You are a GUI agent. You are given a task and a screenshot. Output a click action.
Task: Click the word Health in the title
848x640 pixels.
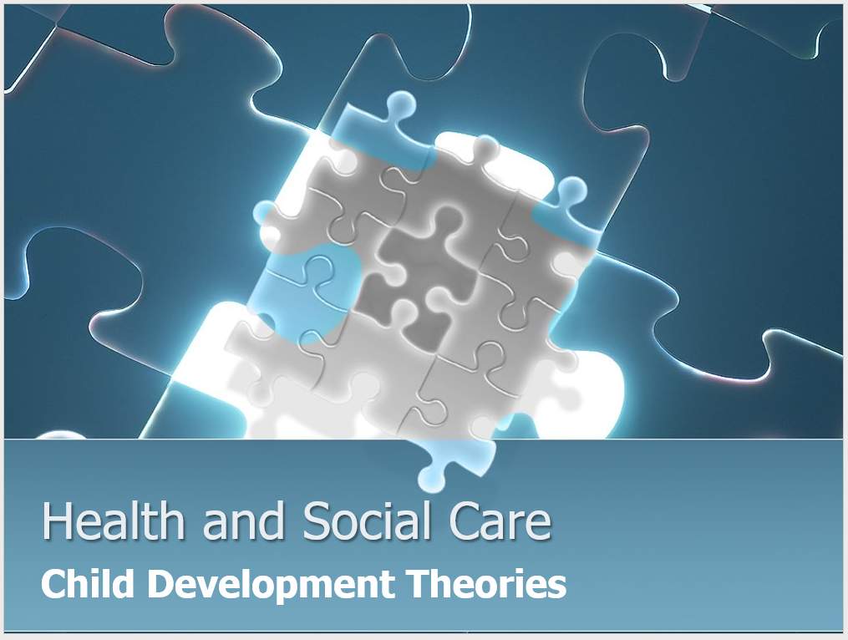(114, 521)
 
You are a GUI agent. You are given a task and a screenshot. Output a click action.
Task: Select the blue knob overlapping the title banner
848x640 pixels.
(434, 472)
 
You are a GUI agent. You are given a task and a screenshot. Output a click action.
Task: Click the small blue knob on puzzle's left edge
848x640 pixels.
(264, 214)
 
